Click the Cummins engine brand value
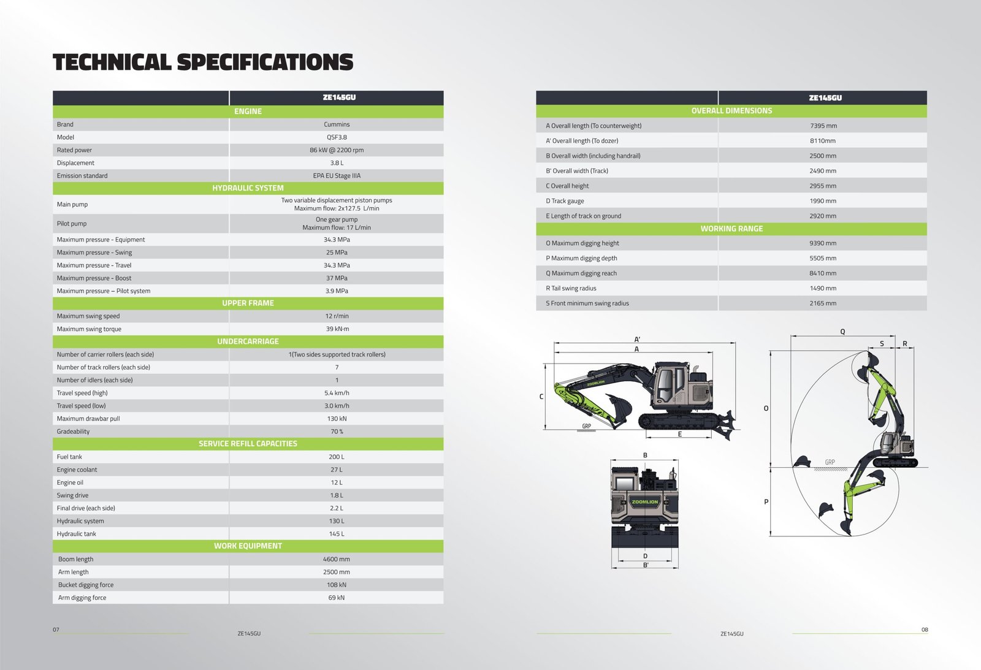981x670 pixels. tap(337, 124)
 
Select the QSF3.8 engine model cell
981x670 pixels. tap(337, 137)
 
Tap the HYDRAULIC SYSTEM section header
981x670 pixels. tap(248, 188)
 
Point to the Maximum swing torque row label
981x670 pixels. tap(89, 329)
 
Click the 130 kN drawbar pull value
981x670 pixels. tap(337, 419)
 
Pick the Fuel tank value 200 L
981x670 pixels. tap(337, 457)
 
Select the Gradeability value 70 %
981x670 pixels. tap(337, 432)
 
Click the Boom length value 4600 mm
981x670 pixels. tap(337, 559)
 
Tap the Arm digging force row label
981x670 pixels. tap(82, 598)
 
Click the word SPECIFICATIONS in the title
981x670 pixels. tap(265, 62)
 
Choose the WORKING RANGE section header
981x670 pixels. tap(731, 229)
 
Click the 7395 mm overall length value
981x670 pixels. tap(823, 126)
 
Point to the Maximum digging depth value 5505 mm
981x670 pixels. tap(823, 258)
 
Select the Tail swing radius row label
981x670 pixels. tap(571, 288)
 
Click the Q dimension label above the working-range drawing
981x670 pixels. tap(842, 332)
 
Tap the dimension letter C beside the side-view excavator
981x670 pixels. tap(541, 397)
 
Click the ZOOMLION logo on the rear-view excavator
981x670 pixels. tap(644, 502)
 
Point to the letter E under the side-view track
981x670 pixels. tap(680, 434)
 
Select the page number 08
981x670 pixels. tap(925, 630)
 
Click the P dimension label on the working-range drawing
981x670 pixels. tap(766, 502)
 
